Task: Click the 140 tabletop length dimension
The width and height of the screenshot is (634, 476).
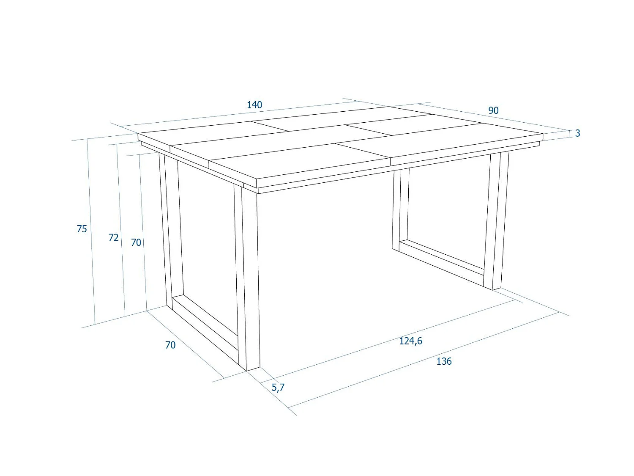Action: [x=254, y=105]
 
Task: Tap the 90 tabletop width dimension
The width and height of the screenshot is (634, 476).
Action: [x=493, y=110]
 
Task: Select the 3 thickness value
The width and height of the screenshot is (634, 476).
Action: [x=577, y=133]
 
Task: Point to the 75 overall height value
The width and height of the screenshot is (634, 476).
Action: [x=82, y=229]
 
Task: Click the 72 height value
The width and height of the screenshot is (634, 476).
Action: [x=113, y=238]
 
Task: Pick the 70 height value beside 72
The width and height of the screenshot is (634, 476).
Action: [x=136, y=242]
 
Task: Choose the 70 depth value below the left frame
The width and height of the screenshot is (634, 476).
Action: [x=170, y=345]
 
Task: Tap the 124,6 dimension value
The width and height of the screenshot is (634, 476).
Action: [x=410, y=341]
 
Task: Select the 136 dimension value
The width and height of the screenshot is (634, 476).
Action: [x=444, y=361]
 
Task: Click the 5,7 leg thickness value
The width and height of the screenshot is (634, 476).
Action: [x=278, y=387]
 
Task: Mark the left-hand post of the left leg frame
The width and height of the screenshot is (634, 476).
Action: [x=169, y=228]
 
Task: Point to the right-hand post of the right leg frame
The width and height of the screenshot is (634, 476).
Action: [x=497, y=220]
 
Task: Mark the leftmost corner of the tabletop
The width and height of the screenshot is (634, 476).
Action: [x=139, y=134]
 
